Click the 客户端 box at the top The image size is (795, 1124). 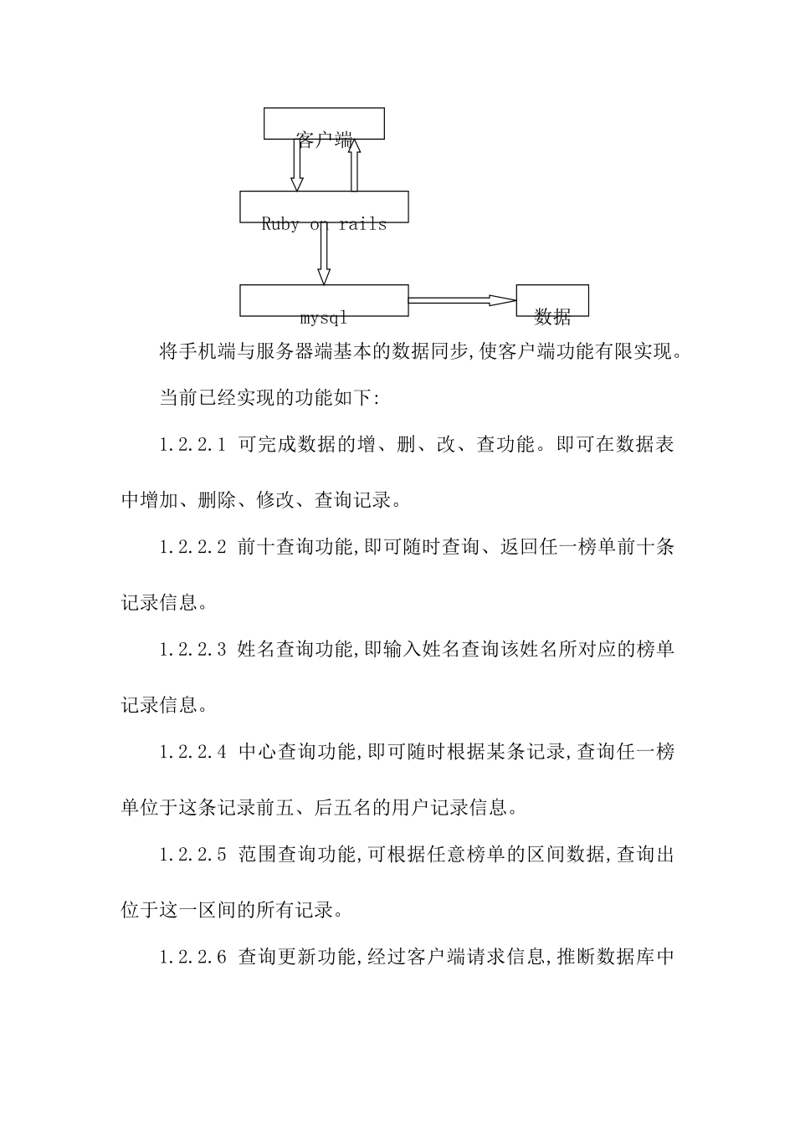click(x=324, y=124)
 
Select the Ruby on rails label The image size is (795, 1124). click(x=324, y=224)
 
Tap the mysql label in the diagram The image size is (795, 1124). click(x=324, y=318)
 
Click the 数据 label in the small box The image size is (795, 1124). click(x=552, y=317)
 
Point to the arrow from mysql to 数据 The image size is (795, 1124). click(x=461, y=300)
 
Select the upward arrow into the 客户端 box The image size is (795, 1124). click(x=354, y=165)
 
